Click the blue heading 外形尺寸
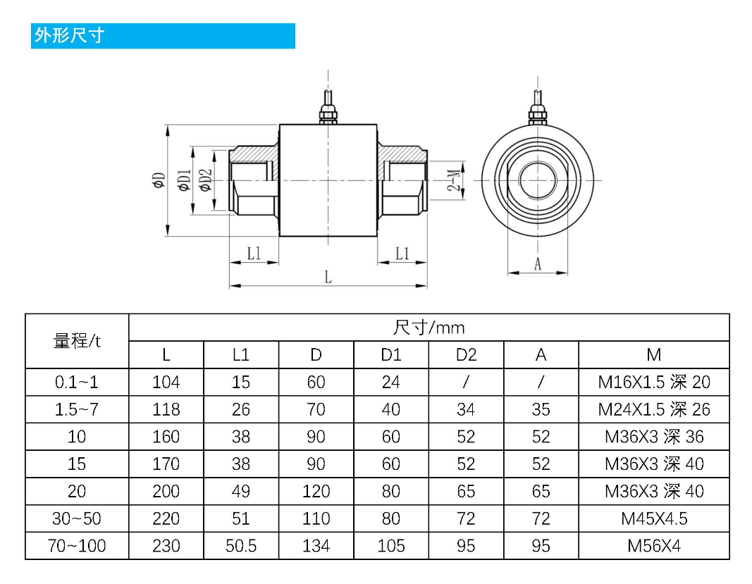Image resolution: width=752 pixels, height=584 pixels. pos(69,35)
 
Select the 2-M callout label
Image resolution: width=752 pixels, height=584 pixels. pos(457,180)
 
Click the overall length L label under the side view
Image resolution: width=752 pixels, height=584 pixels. pos(328,277)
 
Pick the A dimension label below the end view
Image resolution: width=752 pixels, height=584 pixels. pos(538,264)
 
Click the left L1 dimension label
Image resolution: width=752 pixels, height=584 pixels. pos(254,254)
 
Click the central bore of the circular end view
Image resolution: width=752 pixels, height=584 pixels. pos(538,180)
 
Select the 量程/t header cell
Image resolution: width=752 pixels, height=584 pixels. pos(77,341)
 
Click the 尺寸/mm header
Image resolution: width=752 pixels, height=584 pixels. pos(429,328)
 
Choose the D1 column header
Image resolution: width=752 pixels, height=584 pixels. pos(390,355)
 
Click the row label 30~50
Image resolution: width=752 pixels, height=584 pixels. pos(77,519)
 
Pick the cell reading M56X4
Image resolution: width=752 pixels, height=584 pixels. pos(653,546)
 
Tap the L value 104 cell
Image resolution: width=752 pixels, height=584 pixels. pos(166,383)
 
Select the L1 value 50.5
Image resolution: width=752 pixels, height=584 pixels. pos(241,546)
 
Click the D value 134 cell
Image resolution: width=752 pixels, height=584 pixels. pos(316,546)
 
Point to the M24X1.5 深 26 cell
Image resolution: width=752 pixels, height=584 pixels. pos(653,409)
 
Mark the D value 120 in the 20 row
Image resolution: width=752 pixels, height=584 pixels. pos(316,492)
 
